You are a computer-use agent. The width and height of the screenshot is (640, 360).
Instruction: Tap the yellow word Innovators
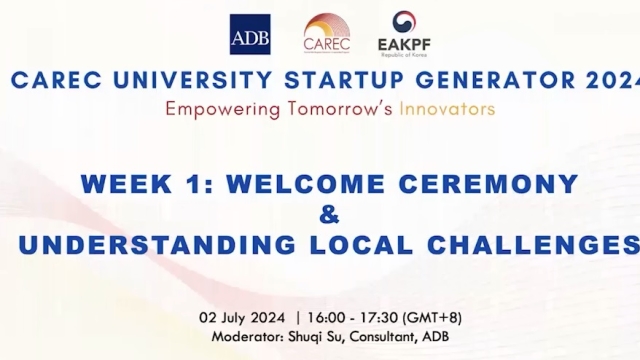click(447, 108)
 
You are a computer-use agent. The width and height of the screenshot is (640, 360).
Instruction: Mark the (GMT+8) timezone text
click(432, 319)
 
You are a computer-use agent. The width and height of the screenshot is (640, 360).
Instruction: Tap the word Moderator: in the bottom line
click(247, 337)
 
